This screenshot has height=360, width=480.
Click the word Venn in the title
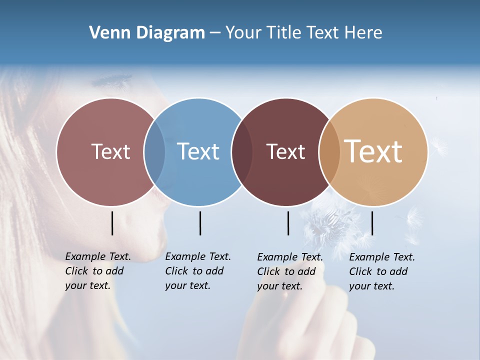pyautogui.click(x=108, y=33)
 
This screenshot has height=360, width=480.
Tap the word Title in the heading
pyautogui.click(x=283, y=33)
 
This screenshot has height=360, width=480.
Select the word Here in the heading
pyautogui.click(x=363, y=33)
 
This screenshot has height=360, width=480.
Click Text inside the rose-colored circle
pyautogui.click(x=110, y=151)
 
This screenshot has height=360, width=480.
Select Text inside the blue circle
pyautogui.click(x=198, y=151)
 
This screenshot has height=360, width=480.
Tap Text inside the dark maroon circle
pyautogui.click(x=285, y=152)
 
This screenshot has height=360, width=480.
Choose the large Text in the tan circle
pyautogui.click(x=373, y=151)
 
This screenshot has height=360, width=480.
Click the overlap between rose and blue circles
pyautogui.click(x=154, y=152)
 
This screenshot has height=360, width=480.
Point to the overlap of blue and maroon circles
pyautogui.click(x=242, y=152)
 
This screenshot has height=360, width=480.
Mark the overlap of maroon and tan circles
pyautogui.click(x=329, y=152)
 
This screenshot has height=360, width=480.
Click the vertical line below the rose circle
pyautogui.click(x=112, y=223)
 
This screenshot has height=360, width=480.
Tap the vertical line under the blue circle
pyautogui.click(x=200, y=223)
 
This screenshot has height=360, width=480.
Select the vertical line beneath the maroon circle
pyautogui.click(x=288, y=223)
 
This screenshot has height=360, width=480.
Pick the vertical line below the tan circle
pyautogui.click(x=372, y=223)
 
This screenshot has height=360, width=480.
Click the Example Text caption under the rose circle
pyautogui.click(x=98, y=271)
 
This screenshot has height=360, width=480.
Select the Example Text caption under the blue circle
pyautogui.click(x=198, y=271)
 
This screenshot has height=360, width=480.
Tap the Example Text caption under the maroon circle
pyautogui.click(x=290, y=271)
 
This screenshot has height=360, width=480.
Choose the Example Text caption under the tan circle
pyautogui.click(x=382, y=271)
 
